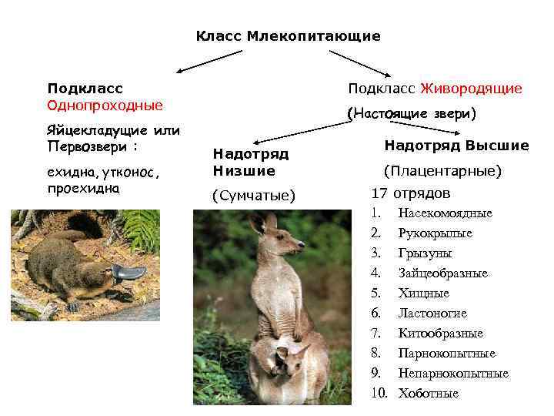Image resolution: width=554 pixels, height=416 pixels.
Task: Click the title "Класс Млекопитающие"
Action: click(x=288, y=36)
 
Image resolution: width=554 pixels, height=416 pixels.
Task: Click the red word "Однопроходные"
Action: click(x=105, y=105)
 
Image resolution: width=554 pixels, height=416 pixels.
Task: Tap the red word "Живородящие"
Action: click(x=481, y=89)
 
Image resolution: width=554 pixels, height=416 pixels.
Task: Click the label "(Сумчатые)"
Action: click(x=254, y=196)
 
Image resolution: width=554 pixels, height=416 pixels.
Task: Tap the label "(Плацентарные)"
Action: click(x=442, y=170)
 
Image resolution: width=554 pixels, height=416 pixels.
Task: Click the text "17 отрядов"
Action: click(x=410, y=193)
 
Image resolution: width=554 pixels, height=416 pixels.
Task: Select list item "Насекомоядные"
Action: click(x=445, y=213)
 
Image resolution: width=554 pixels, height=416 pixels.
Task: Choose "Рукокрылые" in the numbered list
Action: click(x=435, y=233)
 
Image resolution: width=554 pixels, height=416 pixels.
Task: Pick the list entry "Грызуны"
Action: click(x=425, y=253)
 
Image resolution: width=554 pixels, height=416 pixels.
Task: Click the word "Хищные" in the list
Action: click(x=423, y=294)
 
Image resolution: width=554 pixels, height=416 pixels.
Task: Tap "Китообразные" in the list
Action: click(x=440, y=334)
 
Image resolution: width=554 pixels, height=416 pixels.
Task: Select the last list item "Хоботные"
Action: click(x=428, y=394)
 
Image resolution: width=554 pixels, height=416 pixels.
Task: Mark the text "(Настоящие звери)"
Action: click(x=412, y=114)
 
